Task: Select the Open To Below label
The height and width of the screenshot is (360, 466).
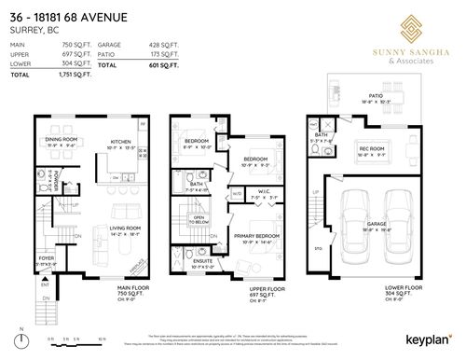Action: (199, 221)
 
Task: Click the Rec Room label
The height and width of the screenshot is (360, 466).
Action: (373, 148)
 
